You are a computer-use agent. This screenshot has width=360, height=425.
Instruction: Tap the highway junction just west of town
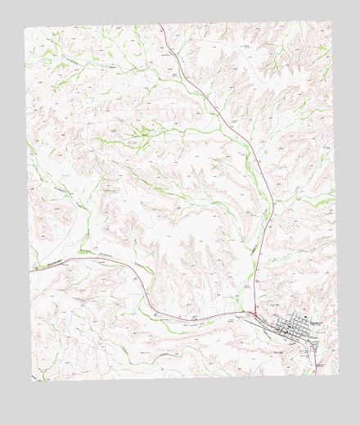255,314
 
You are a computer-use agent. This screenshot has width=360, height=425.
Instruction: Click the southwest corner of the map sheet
33,379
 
